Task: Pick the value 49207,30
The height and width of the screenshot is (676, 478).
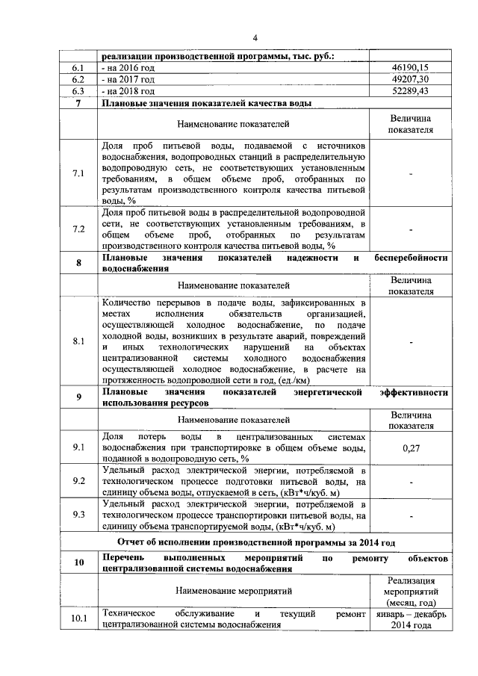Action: [412, 78]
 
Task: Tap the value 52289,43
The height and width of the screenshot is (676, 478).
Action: [412, 90]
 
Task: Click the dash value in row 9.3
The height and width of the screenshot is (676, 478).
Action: [412, 515]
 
